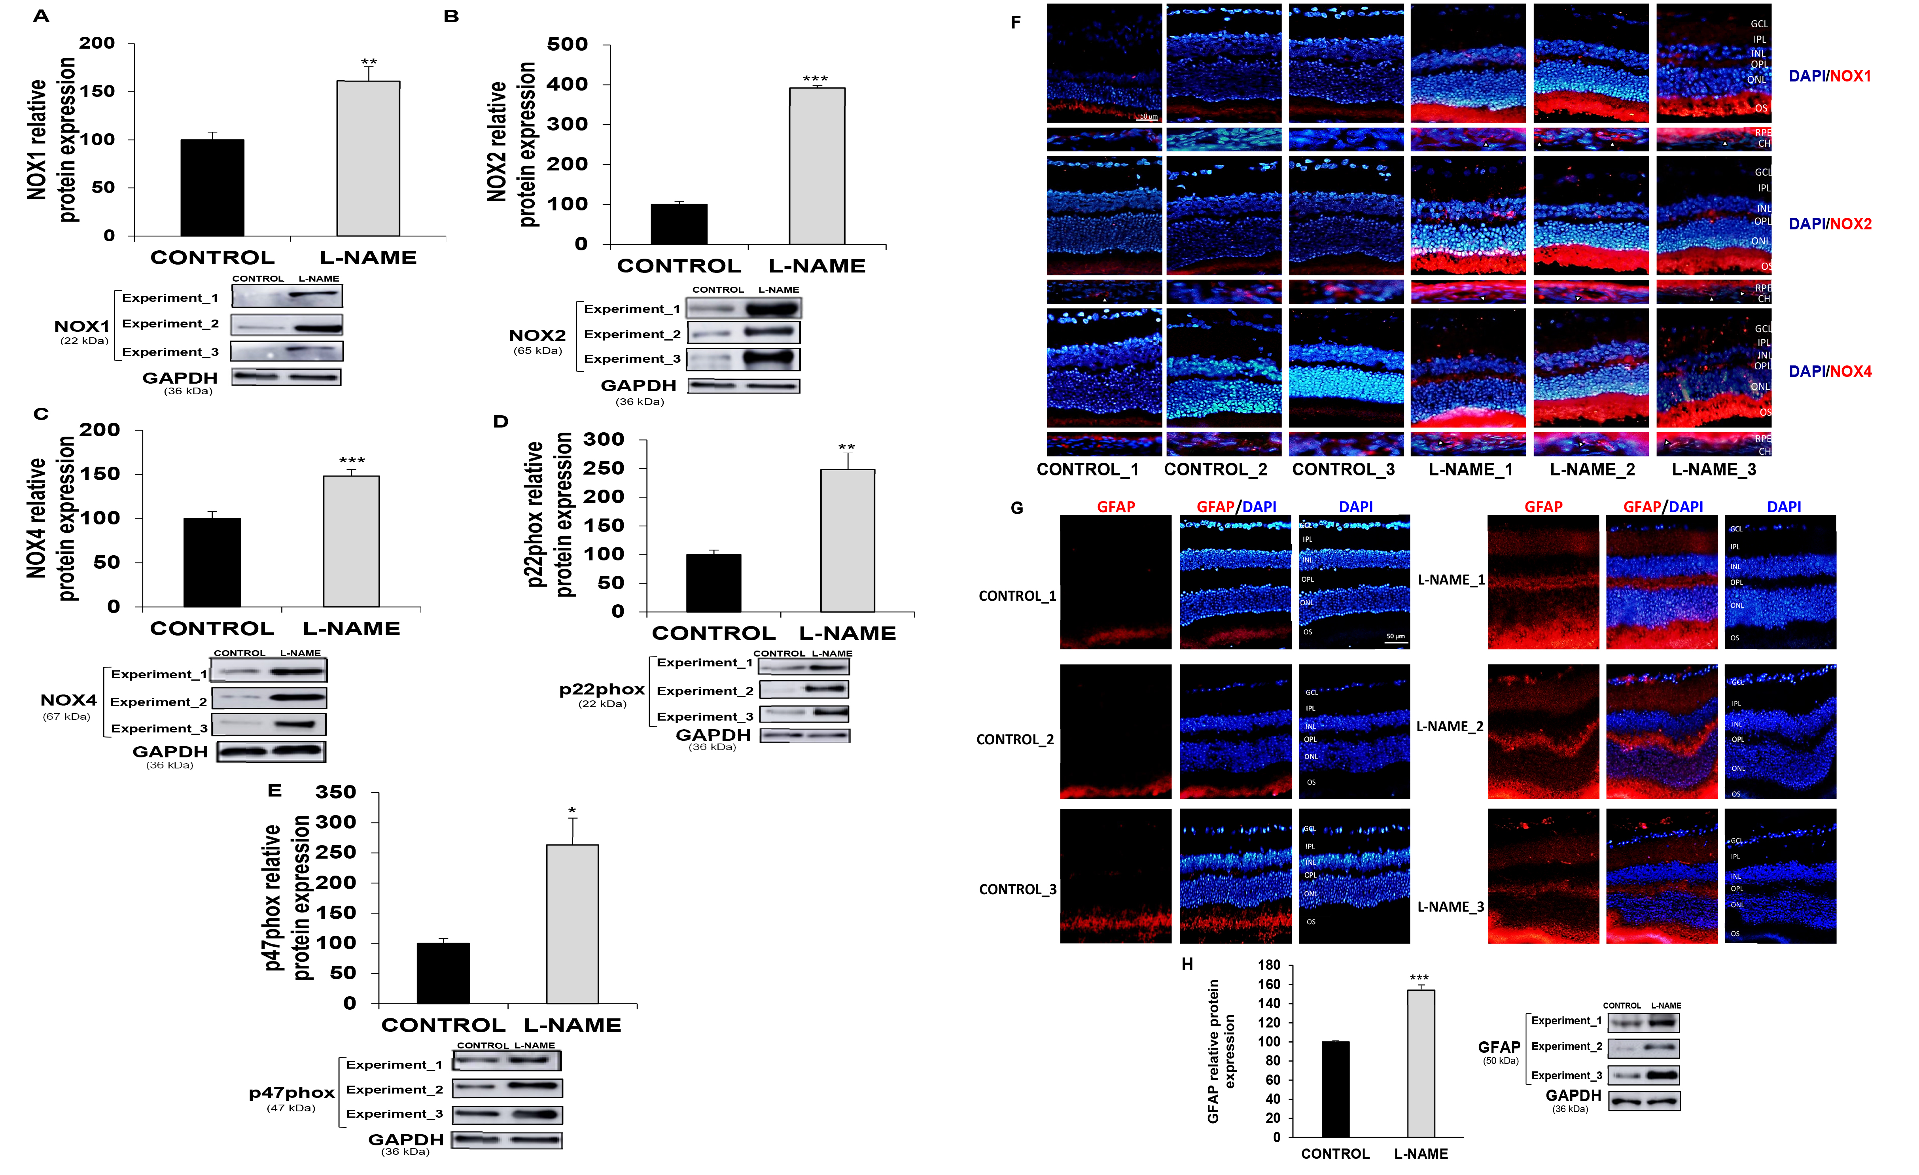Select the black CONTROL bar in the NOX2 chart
pyautogui.click(x=679, y=224)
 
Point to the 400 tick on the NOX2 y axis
pyautogui.click(x=568, y=84)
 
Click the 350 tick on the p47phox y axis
pyautogui.click(x=336, y=793)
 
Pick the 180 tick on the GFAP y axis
pyautogui.click(x=1269, y=965)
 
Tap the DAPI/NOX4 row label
pyautogui.click(x=1830, y=371)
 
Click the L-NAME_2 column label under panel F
pyautogui.click(x=1592, y=469)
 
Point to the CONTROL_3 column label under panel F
pyautogui.click(x=1344, y=469)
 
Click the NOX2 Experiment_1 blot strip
pyautogui.click(x=744, y=309)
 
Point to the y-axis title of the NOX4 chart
pyautogui.click(x=51, y=518)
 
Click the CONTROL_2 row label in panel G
pyautogui.click(x=1015, y=740)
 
